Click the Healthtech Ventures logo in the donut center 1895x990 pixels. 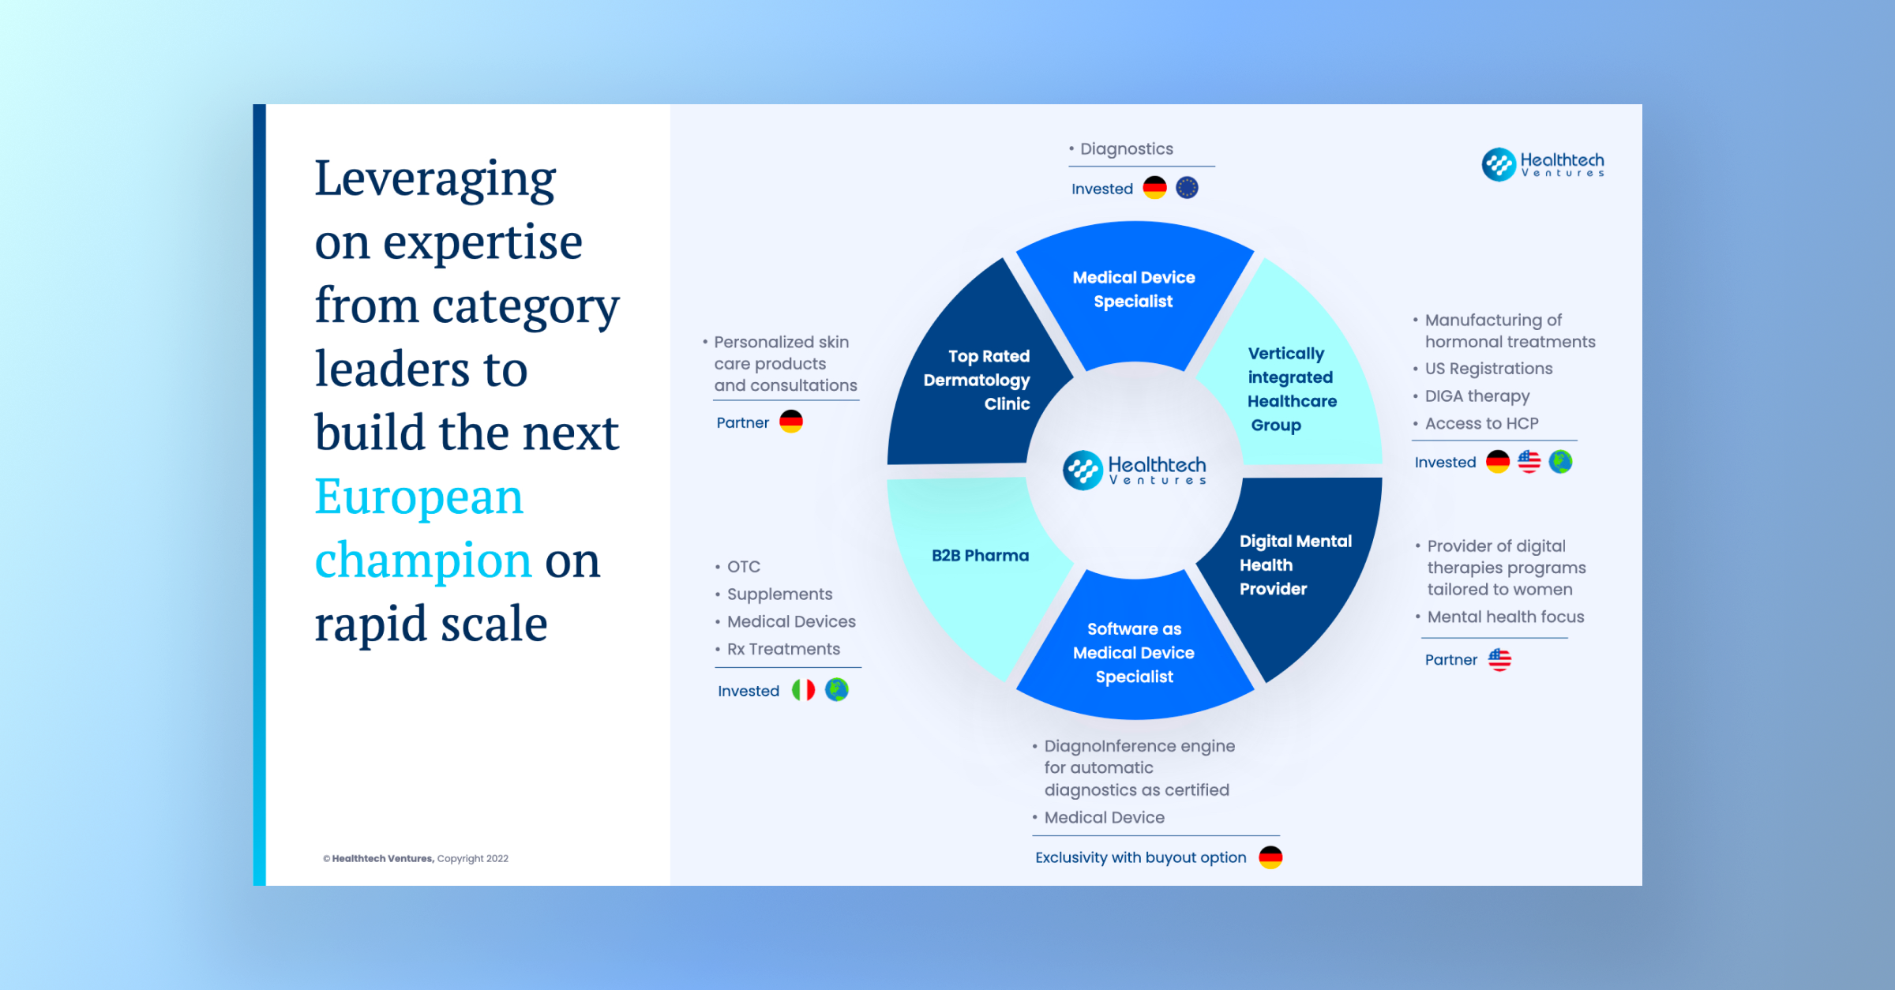pos(1135,471)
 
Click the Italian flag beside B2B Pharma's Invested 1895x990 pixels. pos(803,690)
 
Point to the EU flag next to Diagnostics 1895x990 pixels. pos(1187,188)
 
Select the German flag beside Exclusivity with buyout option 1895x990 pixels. pos(1270,857)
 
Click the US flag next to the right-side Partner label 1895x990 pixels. pos(1499,659)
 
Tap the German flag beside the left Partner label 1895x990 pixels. pos(791,422)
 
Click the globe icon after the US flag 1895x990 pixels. pos(1560,462)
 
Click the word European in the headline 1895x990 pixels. pos(419,497)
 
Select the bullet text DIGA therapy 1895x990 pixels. pos(1477,396)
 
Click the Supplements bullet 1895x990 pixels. pos(779,594)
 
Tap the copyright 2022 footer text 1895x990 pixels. pos(415,858)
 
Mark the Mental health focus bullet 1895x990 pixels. pos(1506,617)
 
